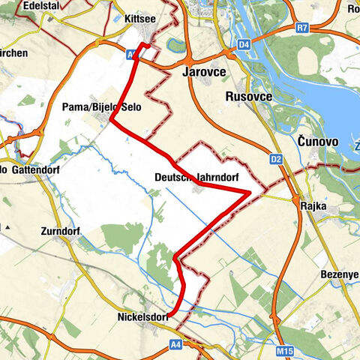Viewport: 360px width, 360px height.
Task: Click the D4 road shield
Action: point(244,46)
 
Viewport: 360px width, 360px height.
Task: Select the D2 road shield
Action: point(274,159)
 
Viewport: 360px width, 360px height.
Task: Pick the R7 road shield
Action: point(302,28)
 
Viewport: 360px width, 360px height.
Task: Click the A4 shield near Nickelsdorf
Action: point(175,344)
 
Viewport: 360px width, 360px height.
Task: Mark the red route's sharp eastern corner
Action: point(249,192)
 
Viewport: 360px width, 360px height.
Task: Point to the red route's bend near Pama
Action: point(110,120)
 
